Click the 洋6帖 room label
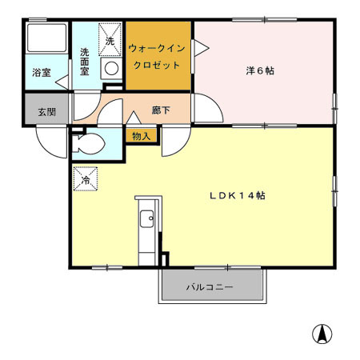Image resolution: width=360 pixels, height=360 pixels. coord(260,70)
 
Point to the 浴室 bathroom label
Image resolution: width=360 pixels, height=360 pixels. coord(41,72)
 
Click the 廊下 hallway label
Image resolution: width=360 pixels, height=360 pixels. coord(161,110)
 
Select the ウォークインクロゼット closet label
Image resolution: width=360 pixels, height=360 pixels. coord(158,57)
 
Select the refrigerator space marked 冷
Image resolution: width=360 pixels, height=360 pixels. coord(85,179)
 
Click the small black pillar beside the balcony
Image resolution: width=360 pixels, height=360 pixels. coord(165,260)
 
